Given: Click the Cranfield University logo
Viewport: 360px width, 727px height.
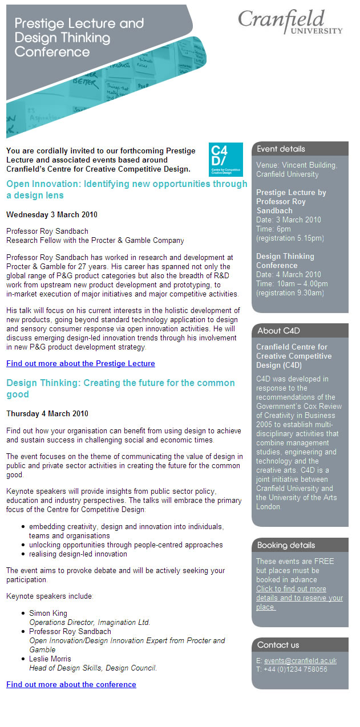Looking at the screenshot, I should coord(290,22).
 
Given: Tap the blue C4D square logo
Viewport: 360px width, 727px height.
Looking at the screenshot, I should coord(225,159).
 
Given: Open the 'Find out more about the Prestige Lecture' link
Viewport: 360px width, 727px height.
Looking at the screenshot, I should coord(80,363).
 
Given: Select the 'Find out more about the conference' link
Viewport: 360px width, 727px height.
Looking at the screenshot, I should coord(71,684).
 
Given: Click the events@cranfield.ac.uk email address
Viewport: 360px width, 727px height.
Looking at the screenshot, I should coord(300,660).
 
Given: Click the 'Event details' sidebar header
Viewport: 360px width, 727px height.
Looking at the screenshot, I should coord(281,149).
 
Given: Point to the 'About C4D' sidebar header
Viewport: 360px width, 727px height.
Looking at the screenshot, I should coord(278,331).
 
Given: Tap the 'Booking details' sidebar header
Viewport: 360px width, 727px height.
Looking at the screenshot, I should coord(286,545).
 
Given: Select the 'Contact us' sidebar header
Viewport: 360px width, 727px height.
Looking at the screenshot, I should coord(278,645).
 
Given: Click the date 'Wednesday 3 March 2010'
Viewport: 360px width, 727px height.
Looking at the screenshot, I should coord(52,215).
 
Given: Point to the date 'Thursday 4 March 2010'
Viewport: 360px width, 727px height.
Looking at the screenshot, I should coord(47,413).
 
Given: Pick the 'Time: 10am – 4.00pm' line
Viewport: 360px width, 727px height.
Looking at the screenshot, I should coord(292,283).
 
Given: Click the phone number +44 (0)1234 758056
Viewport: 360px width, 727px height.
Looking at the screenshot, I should coord(296,669).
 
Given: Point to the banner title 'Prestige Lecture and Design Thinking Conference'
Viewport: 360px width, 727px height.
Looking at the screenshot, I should coord(79,38).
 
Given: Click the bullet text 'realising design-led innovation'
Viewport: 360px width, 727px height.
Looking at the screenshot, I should coord(78,554).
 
